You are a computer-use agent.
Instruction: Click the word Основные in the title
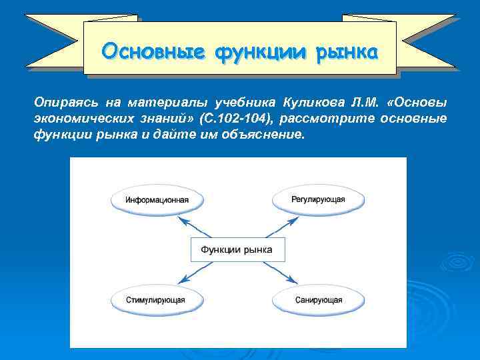pyautogui.click(x=153, y=51)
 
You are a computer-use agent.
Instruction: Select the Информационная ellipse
pyautogui.click(x=157, y=199)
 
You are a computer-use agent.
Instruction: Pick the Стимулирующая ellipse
pyautogui.click(x=156, y=300)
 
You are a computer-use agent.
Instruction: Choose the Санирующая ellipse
pyautogui.click(x=319, y=300)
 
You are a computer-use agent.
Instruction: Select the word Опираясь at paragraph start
pyautogui.click(x=61, y=103)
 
